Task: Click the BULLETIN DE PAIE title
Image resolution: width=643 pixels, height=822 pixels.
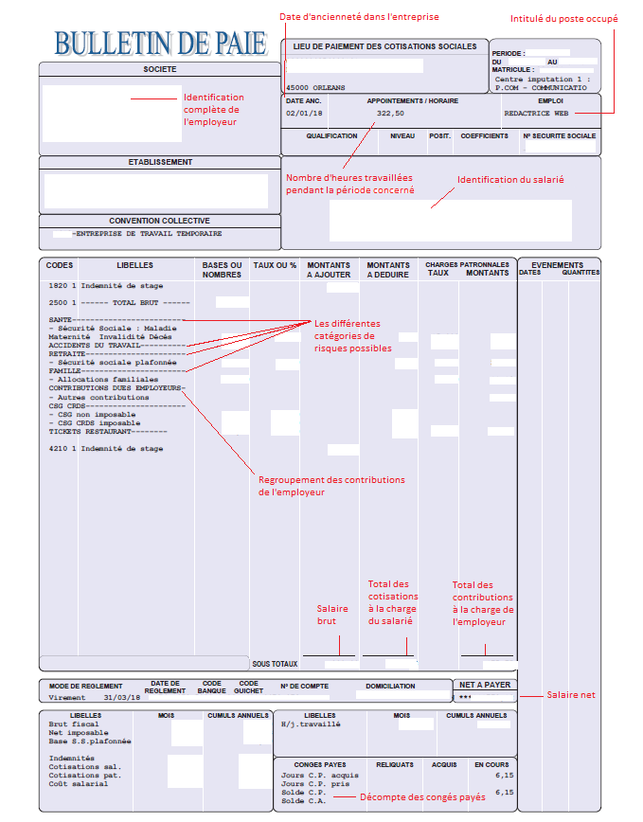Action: tap(162, 43)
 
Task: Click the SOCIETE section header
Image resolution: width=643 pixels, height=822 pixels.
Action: tap(159, 69)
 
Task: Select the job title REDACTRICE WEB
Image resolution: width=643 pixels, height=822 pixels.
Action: tap(536, 113)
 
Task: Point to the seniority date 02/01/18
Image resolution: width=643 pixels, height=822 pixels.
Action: tap(304, 113)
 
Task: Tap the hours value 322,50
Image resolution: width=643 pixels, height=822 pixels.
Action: tap(390, 113)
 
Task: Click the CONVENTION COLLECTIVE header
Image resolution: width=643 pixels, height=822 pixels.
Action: tap(159, 221)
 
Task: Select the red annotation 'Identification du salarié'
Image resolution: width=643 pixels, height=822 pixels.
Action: tap(510, 180)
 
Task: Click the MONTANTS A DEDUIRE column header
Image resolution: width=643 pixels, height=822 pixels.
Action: tap(388, 270)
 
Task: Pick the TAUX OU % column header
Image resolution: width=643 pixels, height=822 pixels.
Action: tap(275, 265)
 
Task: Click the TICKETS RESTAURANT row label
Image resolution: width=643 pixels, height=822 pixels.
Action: tap(94, 431)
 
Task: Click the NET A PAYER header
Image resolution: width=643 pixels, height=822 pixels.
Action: tap(484, 685)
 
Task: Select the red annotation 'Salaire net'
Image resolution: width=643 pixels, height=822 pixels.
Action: tap(571, 695)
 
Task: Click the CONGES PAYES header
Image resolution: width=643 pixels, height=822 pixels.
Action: tap(320, 763)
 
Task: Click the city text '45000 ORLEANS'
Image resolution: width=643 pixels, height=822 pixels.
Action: tap(315, 87)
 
